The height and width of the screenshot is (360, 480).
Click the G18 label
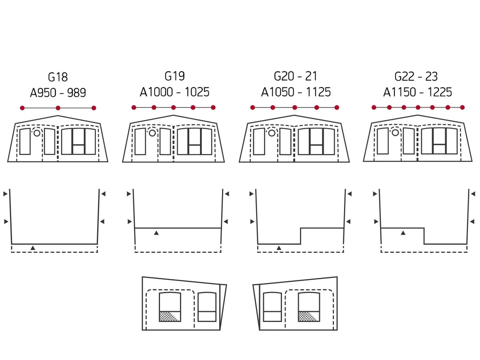pyautogui.click(x=58, y=77)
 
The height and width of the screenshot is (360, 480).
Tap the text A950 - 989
pyautogui.click(x=58, y=92)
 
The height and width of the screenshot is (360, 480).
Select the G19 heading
pyautogui.click(x=174, y=76)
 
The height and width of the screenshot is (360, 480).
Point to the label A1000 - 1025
pyautogui.click(x=174, y=92)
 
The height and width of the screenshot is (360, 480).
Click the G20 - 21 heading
pyautogui.click(x=296, y=76)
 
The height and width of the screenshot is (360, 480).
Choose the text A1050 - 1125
pyautogui.click(x=296, y=92)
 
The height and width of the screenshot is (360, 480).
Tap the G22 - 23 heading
pyautogui.click(x=416, y=76)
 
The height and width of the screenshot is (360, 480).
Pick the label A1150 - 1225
pyautogui.click(x=418, y=92)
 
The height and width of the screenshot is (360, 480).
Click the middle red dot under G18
pyautogui.click(x=58, y=108)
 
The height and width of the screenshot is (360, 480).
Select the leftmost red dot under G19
pyautogui.click(x=134, y=107)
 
